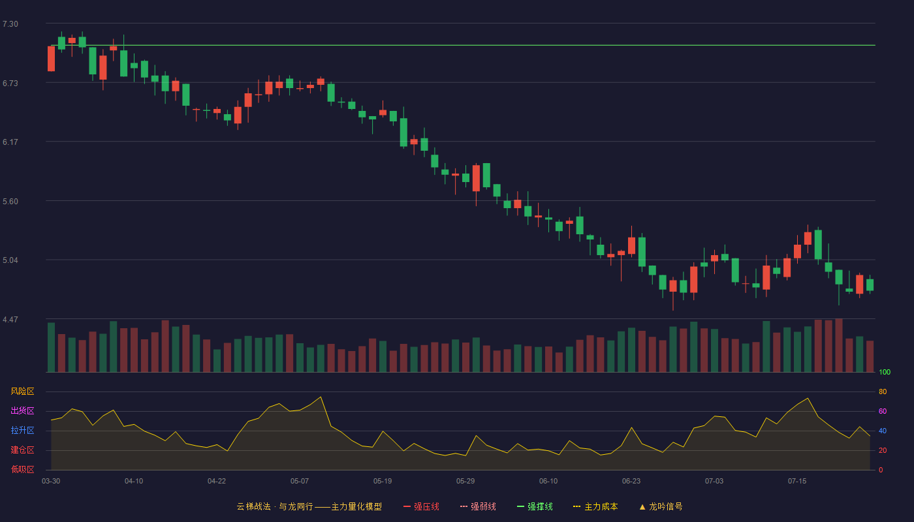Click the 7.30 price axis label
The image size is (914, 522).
coord(10,24)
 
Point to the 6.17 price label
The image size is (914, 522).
coord(10,142)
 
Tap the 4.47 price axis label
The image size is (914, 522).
coord(10,320)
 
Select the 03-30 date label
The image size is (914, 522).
coord(51,482)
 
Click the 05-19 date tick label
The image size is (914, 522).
coord(383,482)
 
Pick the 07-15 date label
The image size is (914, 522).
coord(797,482)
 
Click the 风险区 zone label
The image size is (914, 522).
coord(22,391)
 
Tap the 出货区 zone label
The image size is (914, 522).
coord(22,410)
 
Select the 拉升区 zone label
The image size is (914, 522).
coord(22,430)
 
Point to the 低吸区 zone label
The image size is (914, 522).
coord(22,469)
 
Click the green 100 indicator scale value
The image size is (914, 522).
coord(885,372)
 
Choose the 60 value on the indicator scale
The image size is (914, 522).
coord(883,411)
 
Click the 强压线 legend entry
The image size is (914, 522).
coord(421,506)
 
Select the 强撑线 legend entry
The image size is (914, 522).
coord(535,506)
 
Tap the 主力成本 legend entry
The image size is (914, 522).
coord(595,506)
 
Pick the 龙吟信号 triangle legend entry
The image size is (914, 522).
coord(661,506)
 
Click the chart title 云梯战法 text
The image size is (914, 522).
coord(253,506)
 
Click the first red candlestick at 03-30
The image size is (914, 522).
coord(51,59)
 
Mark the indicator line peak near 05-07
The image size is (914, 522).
coord(321,397)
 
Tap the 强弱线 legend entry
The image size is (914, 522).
coord(478,506)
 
